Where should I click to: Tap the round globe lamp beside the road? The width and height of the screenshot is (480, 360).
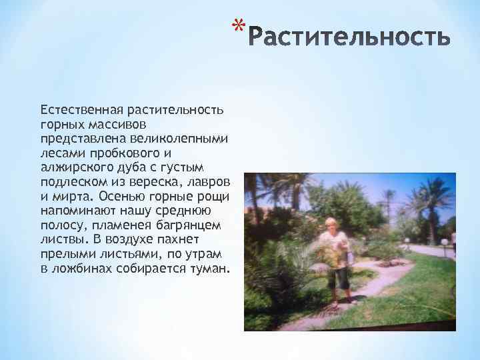click(x=443, y=242)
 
